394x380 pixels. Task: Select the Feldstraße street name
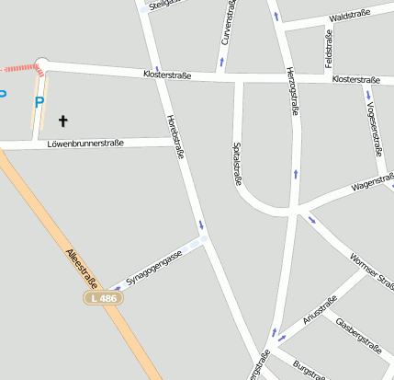(329, 45)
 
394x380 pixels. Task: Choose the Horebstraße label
(175, 137)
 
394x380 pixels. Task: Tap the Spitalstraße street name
(237, 164)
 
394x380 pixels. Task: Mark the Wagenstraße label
(371, 184)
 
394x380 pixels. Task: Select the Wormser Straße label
(371, 268)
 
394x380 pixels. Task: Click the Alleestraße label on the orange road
(81, 268)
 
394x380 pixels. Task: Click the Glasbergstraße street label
(358, 335)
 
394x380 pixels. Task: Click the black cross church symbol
(63, 120)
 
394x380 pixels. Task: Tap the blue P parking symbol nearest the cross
(39, 102)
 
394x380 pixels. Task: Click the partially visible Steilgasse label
(161, 5)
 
